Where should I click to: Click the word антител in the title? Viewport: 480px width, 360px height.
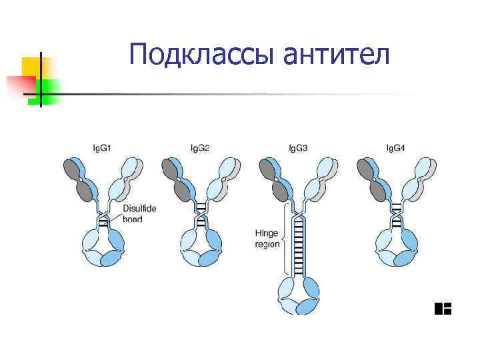336,55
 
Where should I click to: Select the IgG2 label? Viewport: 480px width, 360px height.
199,147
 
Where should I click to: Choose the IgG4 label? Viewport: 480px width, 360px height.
395,147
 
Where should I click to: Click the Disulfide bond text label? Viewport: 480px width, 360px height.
139,213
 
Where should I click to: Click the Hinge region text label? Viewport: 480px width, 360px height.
267,239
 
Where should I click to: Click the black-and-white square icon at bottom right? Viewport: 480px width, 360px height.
443,308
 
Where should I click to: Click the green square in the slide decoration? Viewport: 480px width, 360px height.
48,90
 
